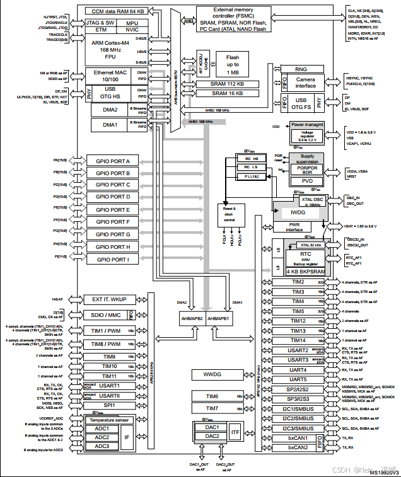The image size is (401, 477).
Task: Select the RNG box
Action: tap(301, 69)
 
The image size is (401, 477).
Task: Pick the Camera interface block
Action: tap(306, 83)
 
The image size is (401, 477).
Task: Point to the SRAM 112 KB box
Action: tap(227, 84)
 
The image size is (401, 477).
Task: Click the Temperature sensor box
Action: tap(109, 420)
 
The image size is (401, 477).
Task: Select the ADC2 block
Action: tap(102, 437)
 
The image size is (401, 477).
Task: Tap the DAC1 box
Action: tap(211, 427)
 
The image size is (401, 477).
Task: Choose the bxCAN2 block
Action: tap(297, 447)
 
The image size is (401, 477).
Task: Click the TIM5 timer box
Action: tap(298, 311)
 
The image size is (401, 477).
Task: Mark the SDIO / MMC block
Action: tap(106, 315)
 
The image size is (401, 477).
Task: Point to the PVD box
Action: tap(307, 181)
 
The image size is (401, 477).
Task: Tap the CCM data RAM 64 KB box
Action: tap(119, 11)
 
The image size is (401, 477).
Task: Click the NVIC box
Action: tap(132, 30)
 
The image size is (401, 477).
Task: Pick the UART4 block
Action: tap(298, 370)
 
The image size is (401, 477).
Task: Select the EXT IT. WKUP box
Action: tap(110, 299)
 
